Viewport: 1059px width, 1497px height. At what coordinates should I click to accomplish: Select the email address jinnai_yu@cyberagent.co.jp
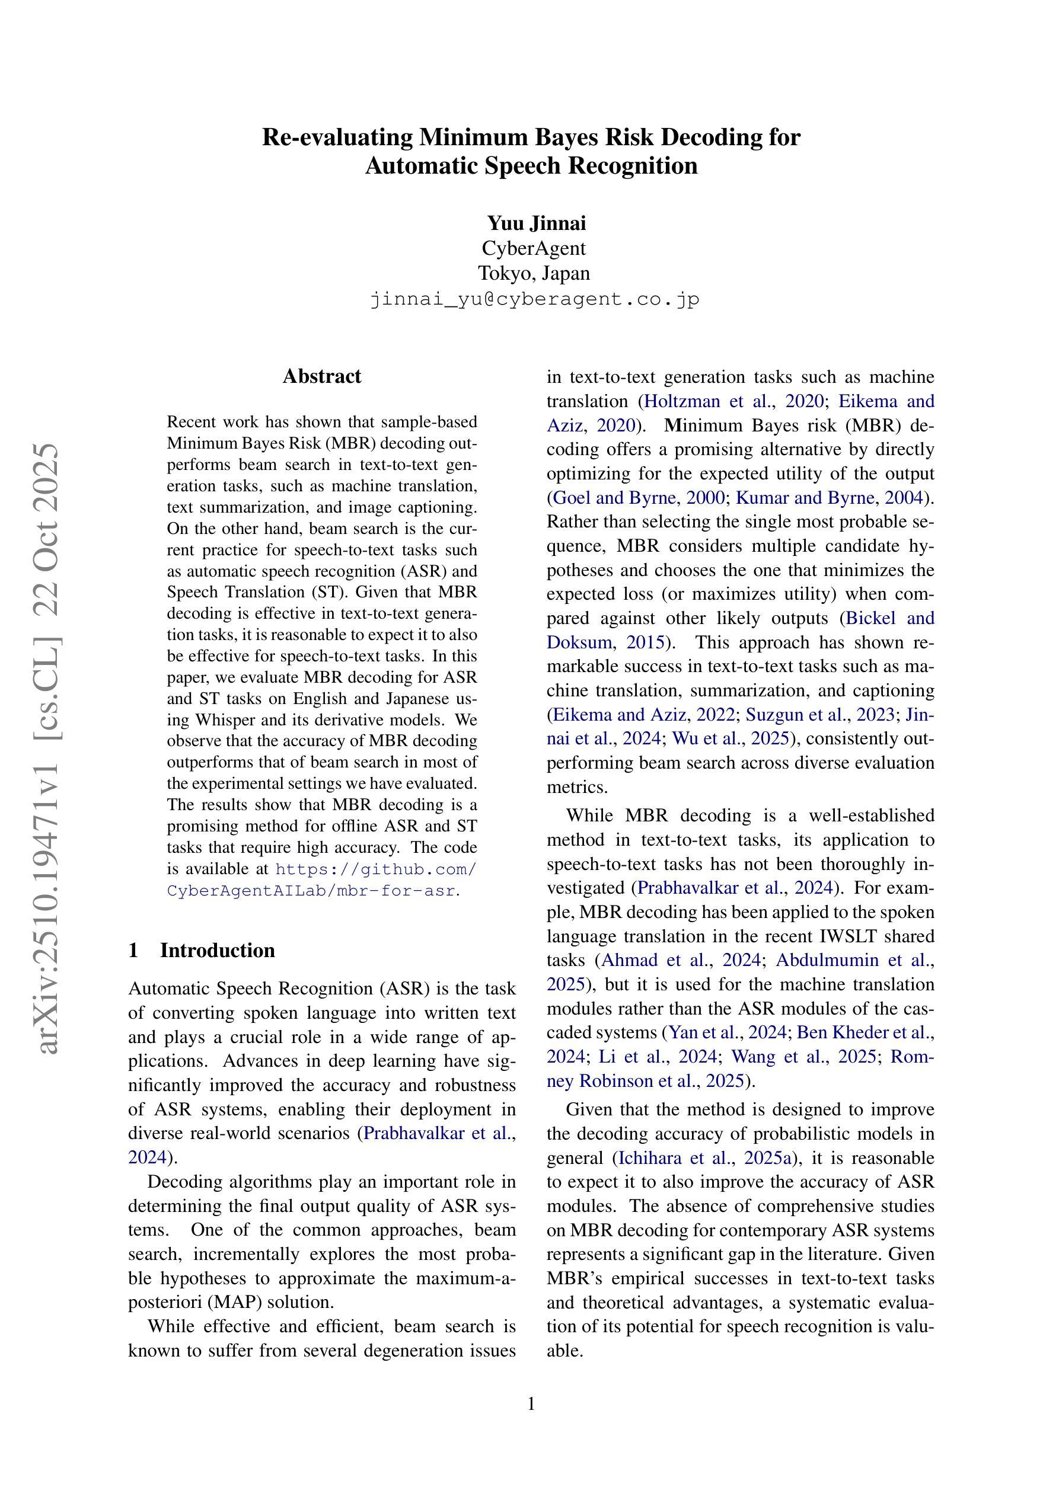click(534, 299)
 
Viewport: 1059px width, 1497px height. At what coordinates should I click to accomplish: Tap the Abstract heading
click(322, 376)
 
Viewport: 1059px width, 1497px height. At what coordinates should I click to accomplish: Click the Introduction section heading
click(217, 950)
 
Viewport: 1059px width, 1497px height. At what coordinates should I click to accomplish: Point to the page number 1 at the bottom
click(531, 1404)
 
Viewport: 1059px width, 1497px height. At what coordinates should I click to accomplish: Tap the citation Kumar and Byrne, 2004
click(830, 497)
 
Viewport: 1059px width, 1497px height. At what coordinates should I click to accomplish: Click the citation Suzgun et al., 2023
click(819, 715)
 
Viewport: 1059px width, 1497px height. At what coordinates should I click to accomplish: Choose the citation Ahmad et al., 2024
click(681, 959)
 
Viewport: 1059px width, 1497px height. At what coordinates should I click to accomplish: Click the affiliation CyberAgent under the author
click(534, 248)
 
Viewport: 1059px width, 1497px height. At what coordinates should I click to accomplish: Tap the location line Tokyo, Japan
click(534, 273)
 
